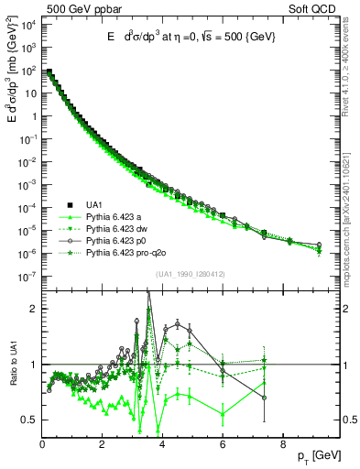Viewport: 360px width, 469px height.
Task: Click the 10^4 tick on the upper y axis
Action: [27, 24]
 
